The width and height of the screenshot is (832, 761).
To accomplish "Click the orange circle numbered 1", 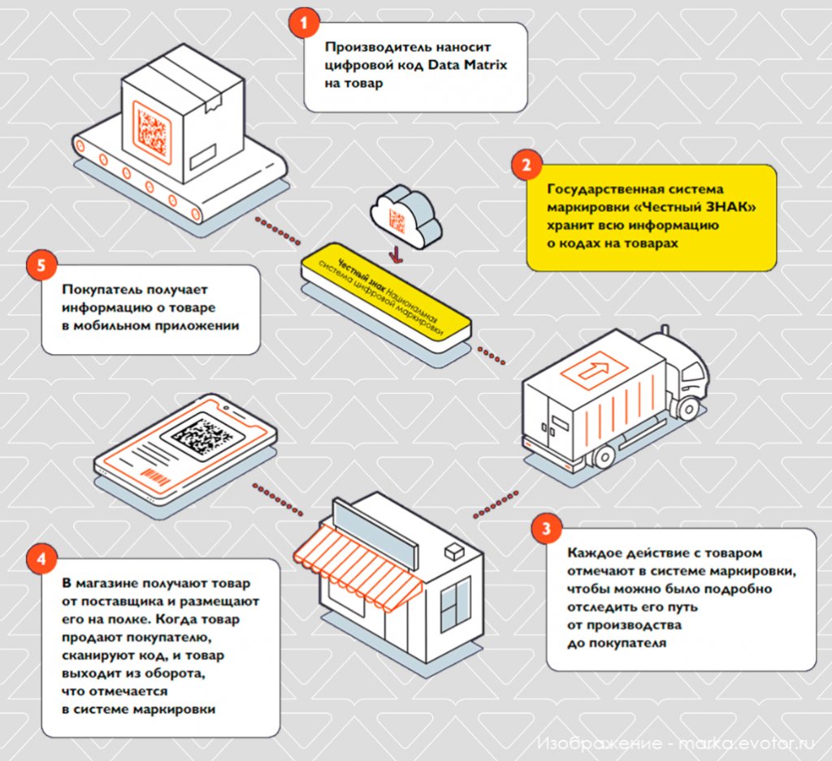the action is [304, 23].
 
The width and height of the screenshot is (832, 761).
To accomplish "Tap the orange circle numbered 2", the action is [526, 165].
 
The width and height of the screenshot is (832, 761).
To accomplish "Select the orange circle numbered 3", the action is [547, 528].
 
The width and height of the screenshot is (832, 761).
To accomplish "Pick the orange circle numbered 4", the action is [41, 559].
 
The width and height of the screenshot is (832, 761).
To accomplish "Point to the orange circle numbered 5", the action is [41, 265].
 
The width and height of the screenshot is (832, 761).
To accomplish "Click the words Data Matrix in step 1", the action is [467, 65].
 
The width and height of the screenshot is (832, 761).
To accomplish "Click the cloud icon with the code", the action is [405, 217].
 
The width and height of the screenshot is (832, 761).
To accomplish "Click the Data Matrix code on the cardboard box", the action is [152, 132].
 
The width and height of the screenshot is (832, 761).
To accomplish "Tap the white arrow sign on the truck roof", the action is [594, 370].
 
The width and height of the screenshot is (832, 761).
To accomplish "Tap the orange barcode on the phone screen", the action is [156, 478].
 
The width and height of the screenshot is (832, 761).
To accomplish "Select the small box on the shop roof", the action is [454, 551].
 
